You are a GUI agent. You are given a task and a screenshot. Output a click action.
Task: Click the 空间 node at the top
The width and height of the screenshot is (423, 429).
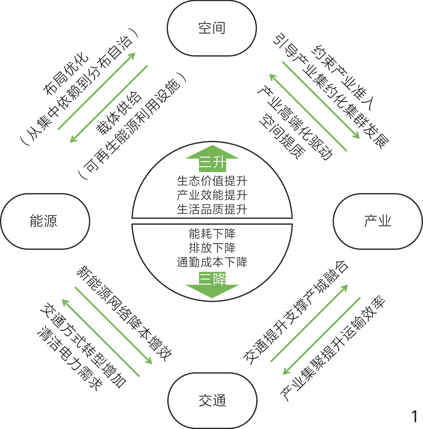coord(212,28)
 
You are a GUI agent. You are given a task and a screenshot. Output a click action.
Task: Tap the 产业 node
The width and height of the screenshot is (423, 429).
coord(378,221)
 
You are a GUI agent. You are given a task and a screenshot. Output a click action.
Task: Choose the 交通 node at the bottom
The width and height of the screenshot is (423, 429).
coord(212,401)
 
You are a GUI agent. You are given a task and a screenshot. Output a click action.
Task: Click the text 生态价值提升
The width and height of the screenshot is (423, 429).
coord(212,181)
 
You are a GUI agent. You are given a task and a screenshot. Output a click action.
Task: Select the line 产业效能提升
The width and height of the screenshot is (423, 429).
coord(212,195)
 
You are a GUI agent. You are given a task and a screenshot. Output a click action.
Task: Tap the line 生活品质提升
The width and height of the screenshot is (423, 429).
coord(212,210)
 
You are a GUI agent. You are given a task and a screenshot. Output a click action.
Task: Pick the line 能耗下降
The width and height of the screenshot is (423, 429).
coord(212,234)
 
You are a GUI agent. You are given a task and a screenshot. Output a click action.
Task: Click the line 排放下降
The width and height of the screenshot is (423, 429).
coord(212,248)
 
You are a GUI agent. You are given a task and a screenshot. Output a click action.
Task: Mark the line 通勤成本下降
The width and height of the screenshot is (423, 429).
coord(212,262)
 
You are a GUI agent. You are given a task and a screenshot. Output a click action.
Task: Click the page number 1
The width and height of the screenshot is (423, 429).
coord(414,417)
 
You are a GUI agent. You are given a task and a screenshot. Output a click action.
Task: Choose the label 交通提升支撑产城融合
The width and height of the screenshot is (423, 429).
coord(296,313)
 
